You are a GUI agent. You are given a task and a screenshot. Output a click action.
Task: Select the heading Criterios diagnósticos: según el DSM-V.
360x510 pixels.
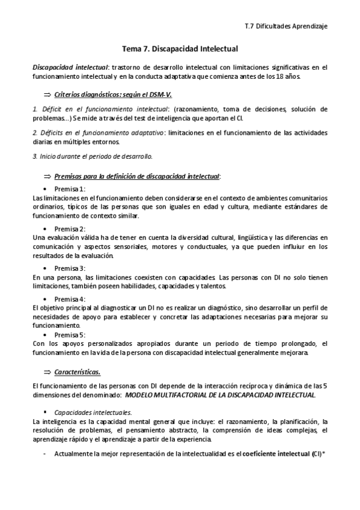(113, 95)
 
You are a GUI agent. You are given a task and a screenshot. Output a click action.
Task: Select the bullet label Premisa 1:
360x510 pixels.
(70, 189)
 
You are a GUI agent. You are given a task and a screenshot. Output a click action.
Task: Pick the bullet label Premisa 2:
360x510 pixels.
(70, 229)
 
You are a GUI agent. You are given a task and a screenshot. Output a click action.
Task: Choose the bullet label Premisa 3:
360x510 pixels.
(70, 268)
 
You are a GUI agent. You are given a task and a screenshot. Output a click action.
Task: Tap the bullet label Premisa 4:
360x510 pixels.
(70, 299)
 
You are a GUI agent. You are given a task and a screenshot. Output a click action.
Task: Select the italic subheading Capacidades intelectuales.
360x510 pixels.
(93, 413)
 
